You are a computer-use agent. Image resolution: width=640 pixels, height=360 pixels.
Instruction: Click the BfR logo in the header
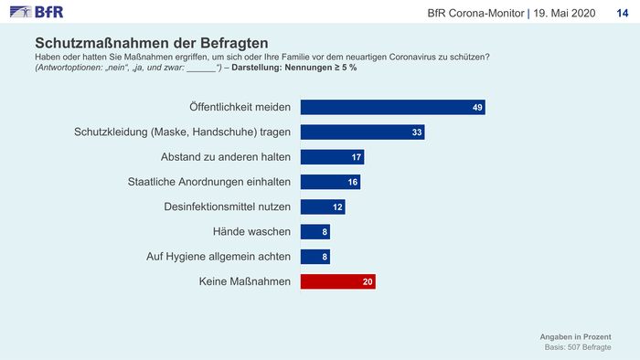click(x=37, y=12)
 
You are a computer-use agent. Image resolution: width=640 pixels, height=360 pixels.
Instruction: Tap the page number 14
click(x=622, y=14)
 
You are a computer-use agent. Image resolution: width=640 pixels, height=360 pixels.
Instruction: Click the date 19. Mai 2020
click(x=564, y=14)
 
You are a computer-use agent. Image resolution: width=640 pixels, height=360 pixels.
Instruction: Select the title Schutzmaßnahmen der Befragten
click(x=152, y=43)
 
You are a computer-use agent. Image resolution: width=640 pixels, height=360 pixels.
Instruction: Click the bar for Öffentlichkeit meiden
click(x=392, y=107)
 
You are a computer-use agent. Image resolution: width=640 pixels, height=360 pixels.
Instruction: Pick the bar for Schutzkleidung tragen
click(x=362, y=132)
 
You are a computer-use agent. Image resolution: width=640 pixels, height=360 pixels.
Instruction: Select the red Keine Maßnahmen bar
click(x=338, y=281)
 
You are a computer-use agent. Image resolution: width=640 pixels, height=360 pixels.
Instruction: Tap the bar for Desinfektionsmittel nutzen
click(x=323, y=206)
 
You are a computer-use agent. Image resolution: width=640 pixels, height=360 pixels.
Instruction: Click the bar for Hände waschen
click(x=315, y=231)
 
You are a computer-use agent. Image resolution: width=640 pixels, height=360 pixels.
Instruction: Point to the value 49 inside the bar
click(x=477, y=108)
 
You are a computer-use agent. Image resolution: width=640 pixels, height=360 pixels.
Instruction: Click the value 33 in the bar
click(x=417, y=132)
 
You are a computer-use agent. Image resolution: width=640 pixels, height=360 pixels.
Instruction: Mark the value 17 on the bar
click(x=357, y=157)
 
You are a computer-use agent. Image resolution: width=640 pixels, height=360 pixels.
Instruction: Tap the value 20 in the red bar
click(x=368, y=282)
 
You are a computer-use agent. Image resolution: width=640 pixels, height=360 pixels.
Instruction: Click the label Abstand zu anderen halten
click(x=226, y=157)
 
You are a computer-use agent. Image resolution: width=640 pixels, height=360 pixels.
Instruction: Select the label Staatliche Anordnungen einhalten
click(x=209, y=182)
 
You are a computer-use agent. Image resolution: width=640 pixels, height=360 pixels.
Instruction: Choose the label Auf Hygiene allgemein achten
click(x=219, y=257)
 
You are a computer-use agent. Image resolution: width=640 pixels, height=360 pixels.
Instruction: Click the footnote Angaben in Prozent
click(x=575, y=337)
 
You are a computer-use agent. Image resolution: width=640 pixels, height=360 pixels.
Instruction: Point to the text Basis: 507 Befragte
click(x=578, y=347)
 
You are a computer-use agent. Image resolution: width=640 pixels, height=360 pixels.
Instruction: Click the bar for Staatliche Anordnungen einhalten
click(x=331, y=182)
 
